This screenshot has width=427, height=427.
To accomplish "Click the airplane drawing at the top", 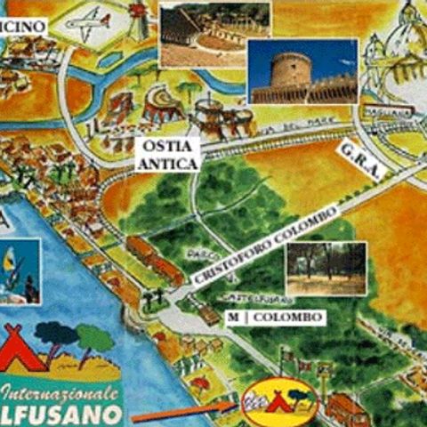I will [89, 24].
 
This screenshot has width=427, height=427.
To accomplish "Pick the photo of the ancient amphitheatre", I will [203, 34].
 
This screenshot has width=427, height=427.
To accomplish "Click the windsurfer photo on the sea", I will [20, 271].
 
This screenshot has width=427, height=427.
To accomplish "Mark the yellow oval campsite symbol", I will [279, 399].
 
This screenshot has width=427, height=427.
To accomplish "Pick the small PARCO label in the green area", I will [197, 254].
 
